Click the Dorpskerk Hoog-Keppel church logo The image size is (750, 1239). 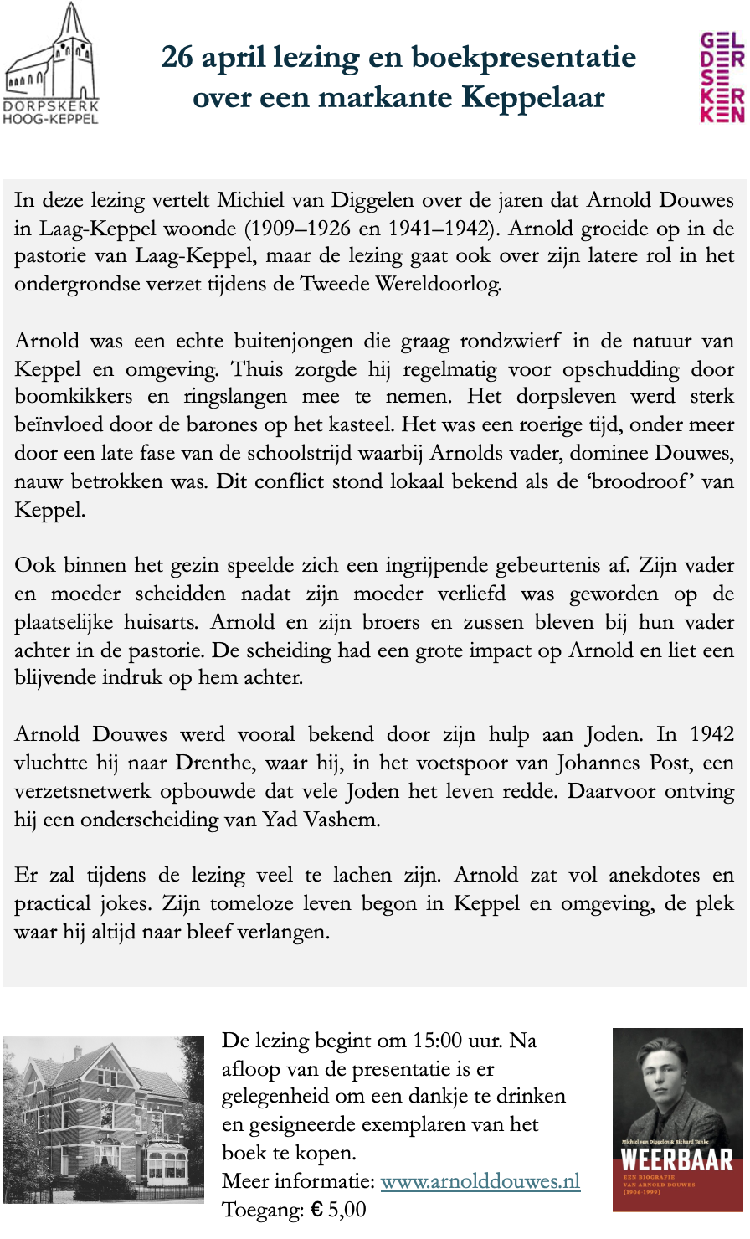51,63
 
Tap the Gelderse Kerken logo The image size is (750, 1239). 722,77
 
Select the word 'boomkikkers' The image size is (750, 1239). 69,397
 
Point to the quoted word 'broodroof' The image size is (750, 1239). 640,482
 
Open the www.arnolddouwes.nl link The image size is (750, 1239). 480,1181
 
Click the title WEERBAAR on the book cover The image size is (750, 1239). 677,1159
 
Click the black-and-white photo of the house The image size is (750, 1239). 103,1119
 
